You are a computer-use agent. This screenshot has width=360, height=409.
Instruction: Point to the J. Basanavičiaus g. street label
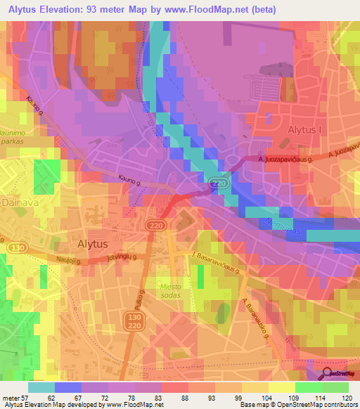click(217, 261)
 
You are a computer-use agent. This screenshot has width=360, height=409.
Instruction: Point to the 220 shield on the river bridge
click(219, 183)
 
